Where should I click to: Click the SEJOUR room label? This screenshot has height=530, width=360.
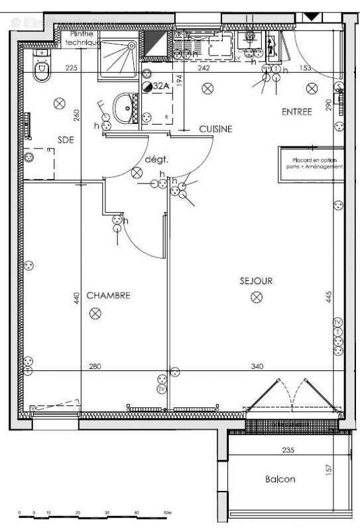256,281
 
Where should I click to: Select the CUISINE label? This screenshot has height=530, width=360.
216,130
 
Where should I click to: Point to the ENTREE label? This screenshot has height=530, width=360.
296,112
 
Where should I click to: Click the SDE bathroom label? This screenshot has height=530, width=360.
65,139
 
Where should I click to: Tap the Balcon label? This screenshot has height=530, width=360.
280,479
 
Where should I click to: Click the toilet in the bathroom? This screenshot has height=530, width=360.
42,68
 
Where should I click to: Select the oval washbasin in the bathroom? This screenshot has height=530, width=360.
123,106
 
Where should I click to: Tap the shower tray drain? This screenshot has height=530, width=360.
131,46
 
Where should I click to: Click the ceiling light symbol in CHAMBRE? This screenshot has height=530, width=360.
95,313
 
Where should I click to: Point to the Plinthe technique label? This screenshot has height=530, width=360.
84,38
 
